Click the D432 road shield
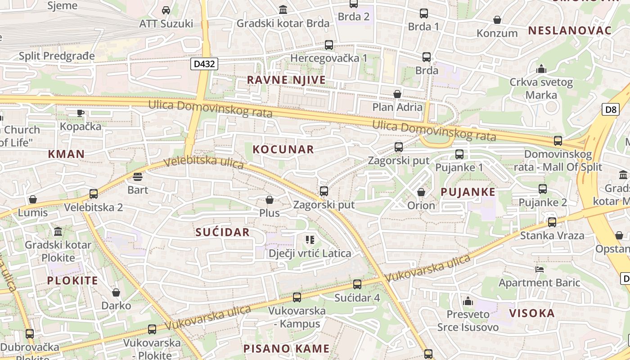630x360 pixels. click(x=204, y=64)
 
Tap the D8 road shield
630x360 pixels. click(x=610, y=109)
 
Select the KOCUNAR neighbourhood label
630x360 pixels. click(x=283, y=149)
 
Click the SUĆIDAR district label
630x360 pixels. click(x=222, y=232)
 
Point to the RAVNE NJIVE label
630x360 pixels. click(x=286, y=80)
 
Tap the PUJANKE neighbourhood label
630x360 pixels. click(x=468, y=192)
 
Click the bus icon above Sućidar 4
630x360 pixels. click(x=357, y=284)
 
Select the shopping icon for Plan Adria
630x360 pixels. click(x=397, y=94)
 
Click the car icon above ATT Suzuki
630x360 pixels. click(x=166, y=10)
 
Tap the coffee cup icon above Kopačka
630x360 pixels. click(x=81, y=113)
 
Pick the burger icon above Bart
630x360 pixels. click(x=138, y=176)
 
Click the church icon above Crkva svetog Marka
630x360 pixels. click(x=541, y=69)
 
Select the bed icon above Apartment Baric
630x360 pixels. click(x=540, y=269)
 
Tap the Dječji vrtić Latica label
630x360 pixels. click(x=310, y=253)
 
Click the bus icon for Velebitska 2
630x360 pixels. click(x=94, y=194)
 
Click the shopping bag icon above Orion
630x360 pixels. click(x=421, y=192)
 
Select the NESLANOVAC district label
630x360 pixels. click(x=570, y=31)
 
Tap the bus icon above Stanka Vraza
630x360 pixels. click(x=552, y=222)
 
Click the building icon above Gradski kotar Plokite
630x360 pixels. click(x=58, y=232)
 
